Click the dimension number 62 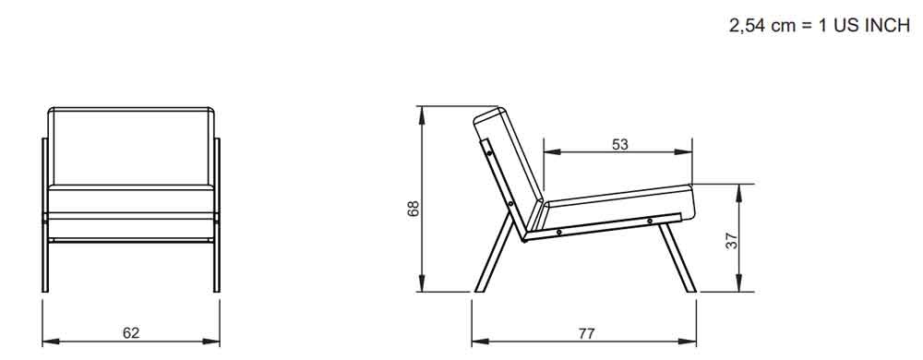(x=131, y=333)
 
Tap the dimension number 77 (x=586, y=333)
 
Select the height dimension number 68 (x=414, y=209)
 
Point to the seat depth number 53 (x=620, y=144)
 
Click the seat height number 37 (x=731, y=241)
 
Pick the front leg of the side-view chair (x=677, y=257)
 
